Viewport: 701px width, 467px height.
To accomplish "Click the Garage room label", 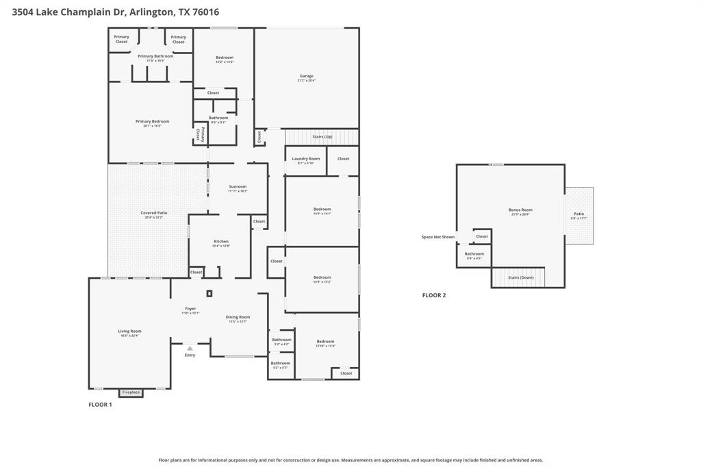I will [306, 76].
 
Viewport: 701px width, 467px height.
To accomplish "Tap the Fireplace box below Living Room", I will [131, 392].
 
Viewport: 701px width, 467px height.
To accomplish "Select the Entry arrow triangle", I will [190, 348].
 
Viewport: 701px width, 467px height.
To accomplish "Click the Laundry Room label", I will [305, 158].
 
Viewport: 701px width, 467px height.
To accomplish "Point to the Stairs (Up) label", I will [322, 136].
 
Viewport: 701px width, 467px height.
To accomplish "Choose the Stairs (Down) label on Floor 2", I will [521, 277].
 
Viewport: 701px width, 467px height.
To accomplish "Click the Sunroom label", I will [238, 186].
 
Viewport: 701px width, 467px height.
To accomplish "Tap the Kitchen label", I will [220, 241].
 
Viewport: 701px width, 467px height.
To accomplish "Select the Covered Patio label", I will [153, 213].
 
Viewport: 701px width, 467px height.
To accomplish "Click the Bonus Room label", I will [520, 210].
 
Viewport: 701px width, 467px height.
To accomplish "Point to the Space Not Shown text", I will [438, 237].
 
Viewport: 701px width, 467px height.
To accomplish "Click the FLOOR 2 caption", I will [433, 295].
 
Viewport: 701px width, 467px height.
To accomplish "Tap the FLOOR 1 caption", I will [100, 405].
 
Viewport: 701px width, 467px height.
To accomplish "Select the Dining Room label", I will [238, 317].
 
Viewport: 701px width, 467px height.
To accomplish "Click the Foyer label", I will [190, 308].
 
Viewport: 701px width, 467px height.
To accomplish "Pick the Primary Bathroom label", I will [155, 56].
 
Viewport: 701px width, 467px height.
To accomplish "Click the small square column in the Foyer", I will [209, 293].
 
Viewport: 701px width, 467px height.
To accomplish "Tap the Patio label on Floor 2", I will [578, 214].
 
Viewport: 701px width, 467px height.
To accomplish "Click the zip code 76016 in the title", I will [205, 12].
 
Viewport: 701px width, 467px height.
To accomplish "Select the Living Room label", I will [129, 331].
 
